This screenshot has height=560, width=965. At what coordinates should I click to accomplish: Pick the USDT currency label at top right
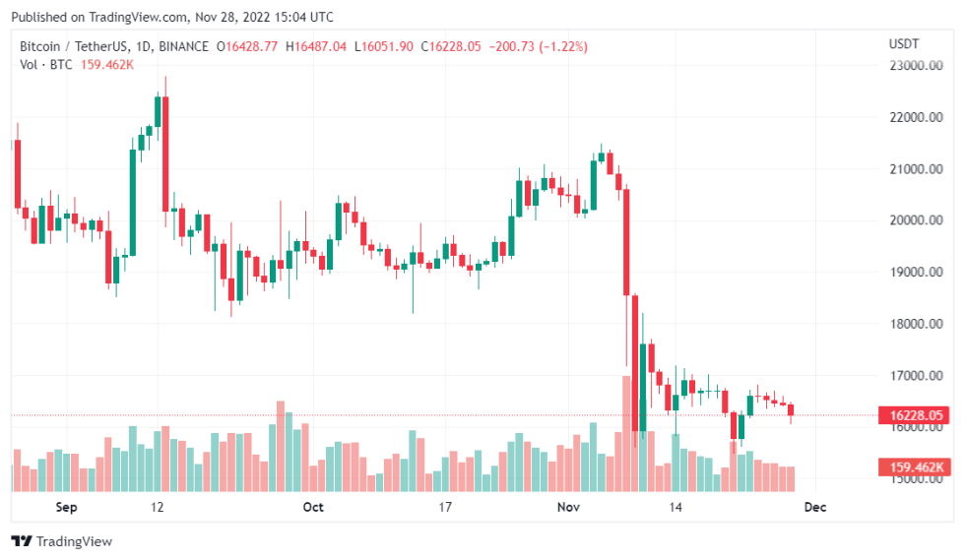click(x=903, y=44)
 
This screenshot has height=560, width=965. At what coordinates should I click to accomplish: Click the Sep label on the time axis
click(x=66, y=507)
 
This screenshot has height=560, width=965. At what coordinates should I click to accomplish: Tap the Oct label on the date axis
click(x=313, y=507)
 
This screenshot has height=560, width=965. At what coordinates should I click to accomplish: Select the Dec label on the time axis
click(x=815, y=507)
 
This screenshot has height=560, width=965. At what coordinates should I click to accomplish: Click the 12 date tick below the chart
click(x=157, y=507)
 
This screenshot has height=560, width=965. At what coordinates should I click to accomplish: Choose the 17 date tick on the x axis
click(x=444, y=507)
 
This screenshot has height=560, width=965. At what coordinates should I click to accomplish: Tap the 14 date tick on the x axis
click(x=675, y=507)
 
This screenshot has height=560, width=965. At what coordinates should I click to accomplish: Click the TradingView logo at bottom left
click(x=61, y=541)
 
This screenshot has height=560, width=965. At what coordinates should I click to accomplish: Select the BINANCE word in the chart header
click(x=184, y=46)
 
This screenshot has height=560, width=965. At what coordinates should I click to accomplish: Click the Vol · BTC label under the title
click(x=46, y=65)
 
